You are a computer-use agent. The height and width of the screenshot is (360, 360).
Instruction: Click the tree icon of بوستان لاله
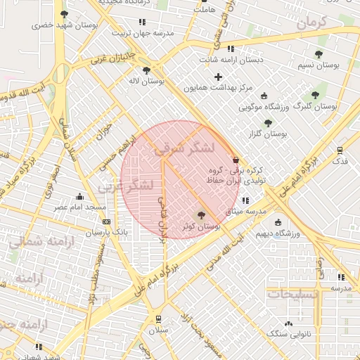click(x=146, y=70)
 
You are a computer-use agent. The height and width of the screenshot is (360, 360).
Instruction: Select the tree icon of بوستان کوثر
click(x=202, y=216)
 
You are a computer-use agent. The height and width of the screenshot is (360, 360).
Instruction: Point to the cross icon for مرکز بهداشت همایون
click(x=218, y=77)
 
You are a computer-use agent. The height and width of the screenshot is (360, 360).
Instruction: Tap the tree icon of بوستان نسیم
click(x=319, y=54)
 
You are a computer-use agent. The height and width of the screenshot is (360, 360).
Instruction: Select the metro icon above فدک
click(x=340, y=150)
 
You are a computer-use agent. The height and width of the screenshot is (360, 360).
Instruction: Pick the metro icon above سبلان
click(x=157, y=318)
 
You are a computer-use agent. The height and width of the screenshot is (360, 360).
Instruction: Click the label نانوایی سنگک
click(x=288, y=335)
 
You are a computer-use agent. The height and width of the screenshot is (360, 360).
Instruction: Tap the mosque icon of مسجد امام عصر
click(x=79, y=197)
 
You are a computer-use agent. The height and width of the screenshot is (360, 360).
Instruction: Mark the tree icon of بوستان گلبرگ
click(x=314, y=95)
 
